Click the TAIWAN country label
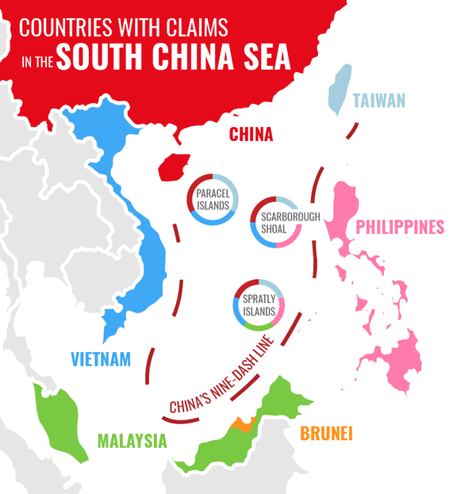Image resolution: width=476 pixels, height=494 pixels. pyautogui.click(x=379, y=101)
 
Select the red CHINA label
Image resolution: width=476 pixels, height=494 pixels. pyautogui.click(x=251, y=135)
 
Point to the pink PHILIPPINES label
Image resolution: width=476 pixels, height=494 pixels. pyautogui.click(x=399, y=228)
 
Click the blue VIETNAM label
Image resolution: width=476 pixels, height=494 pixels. pyautogui.click(x=100, y=359)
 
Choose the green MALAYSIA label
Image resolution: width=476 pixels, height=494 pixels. pyautogui.click(x=132, y=441)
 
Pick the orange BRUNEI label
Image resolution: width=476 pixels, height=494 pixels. pyautogui.click(x=326, y=434)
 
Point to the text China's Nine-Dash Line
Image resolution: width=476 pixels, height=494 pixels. pyautogui.click(x=227, y=377)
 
